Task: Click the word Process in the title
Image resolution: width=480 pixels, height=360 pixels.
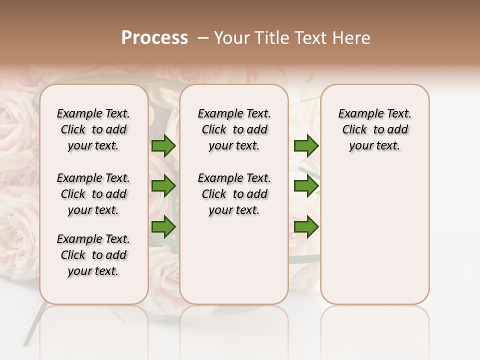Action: point(154,38)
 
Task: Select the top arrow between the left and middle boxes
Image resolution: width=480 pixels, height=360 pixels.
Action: point(163,146)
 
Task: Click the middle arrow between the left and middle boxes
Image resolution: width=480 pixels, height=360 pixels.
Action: point(163,186)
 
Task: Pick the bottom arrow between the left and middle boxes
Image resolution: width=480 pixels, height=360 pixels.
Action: point(163,227)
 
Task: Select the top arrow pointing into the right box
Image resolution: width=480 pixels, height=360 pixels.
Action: point(306,146)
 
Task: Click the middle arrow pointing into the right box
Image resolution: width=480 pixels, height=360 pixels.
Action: point(306,186)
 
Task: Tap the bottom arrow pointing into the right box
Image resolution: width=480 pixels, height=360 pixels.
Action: point(306,227)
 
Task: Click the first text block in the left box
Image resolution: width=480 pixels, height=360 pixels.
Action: point(93,129)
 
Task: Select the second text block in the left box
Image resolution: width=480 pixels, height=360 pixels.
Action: point(93,194)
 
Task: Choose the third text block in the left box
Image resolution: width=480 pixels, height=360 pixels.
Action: point(93,255)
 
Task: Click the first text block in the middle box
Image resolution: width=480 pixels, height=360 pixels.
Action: point(234,129)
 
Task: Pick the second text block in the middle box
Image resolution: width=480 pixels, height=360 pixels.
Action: point(234,194)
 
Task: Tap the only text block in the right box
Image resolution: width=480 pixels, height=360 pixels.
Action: point(374,129)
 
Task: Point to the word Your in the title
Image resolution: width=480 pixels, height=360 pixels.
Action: point(231,38)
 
